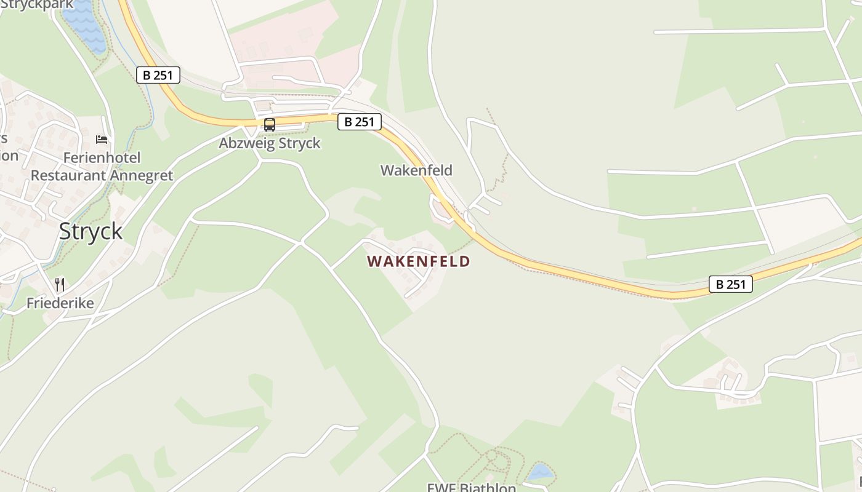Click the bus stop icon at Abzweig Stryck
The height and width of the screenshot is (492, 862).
point(270,125)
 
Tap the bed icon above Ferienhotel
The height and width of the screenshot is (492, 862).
point(102,140)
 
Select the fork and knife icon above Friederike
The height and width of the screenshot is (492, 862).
point(60,284)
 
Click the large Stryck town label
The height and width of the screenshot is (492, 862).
point(91,232)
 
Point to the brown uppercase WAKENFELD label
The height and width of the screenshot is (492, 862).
point(418,261)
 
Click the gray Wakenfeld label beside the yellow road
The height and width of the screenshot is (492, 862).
point(416,170)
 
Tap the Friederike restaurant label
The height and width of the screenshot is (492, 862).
point(60,303)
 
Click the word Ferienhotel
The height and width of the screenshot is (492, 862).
point(102,158)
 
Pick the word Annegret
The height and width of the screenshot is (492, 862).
point(142,175)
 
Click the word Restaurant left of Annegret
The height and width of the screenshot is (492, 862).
point(68,175)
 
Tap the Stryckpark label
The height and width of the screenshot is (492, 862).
point(37,4)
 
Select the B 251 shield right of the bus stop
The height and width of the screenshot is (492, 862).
point(360,122)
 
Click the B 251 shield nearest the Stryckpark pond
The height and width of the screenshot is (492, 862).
point(158,75)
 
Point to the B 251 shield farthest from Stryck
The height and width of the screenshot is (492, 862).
point(731,284)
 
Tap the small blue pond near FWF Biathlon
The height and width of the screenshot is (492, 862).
point(540,472)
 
